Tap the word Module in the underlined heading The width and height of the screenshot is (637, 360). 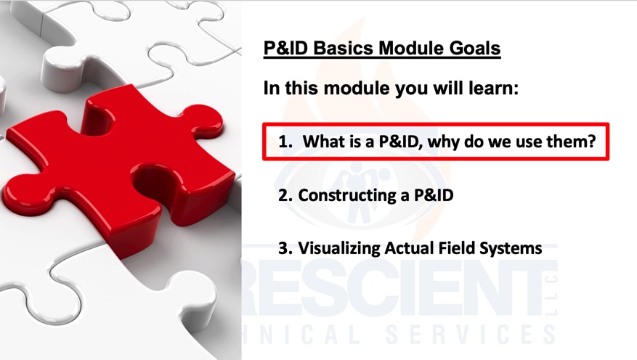point(411,48)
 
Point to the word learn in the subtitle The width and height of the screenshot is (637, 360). point(494,88)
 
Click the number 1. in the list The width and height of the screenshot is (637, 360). point(285,142)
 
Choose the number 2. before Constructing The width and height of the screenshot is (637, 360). point(285,195)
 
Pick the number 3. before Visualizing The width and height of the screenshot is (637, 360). point(285,248)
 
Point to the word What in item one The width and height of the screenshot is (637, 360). point(321,142)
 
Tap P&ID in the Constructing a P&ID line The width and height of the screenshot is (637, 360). point(434,195)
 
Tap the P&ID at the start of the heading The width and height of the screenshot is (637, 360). point(286,48)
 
